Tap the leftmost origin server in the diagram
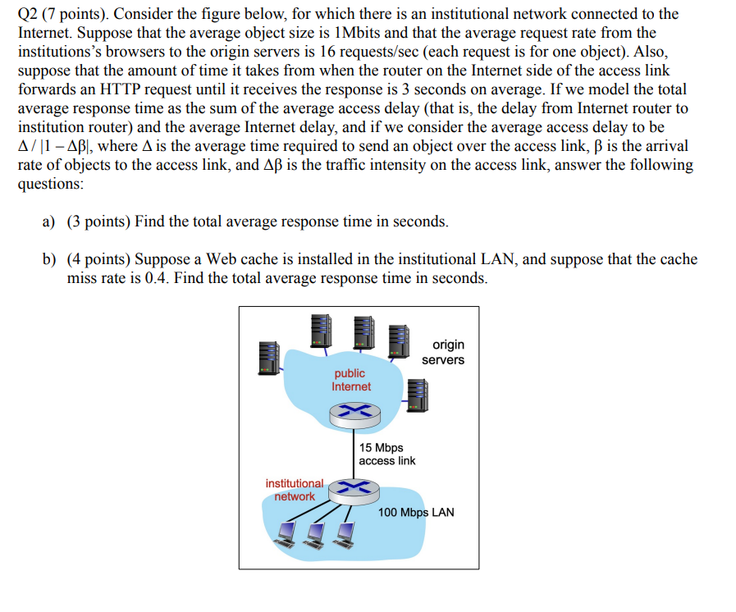tap(268, 354)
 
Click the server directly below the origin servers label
tap(418, 393)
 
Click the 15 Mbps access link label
tap(387, 454)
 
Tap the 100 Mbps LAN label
tap(416, 513)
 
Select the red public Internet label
tap(350, 380)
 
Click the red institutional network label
tap(294, 490)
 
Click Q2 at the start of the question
tap(27, 14)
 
